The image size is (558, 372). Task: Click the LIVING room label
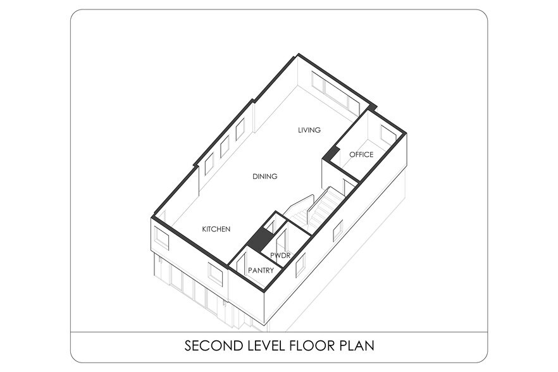tap(309, 130)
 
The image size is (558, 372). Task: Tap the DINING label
tap(264, 177)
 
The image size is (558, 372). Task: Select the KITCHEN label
tap(216, 229)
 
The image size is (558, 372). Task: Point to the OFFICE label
tap(361, 154)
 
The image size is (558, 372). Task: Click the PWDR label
tap(280, 256)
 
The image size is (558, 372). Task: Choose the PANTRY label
tap(261, 271)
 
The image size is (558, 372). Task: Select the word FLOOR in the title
tap(313, 345)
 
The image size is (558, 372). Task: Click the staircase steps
tap(318, 210)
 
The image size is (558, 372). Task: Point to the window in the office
tap(388, 135)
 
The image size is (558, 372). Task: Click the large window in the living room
tap(335, 92)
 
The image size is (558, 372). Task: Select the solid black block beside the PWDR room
tap(259, 239)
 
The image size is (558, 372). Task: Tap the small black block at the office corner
tap(331, 154)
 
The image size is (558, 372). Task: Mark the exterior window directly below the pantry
tap(214, 274)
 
